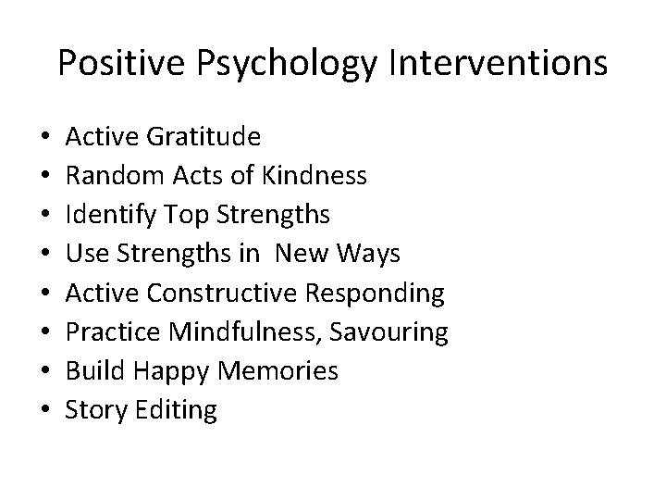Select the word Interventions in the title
point(495,62)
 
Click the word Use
point(86,255)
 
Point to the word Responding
point(376,294)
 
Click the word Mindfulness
point(235,332)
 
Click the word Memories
point(278,371)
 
